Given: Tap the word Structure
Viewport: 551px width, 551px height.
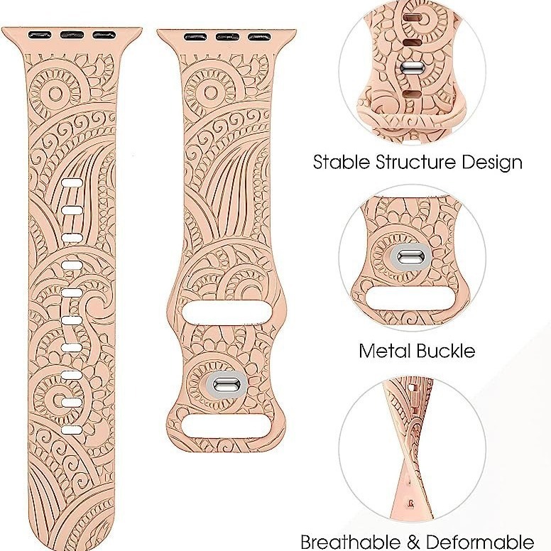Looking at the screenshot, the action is coord(417,162).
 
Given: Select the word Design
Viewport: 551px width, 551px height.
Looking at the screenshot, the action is coord(491,162).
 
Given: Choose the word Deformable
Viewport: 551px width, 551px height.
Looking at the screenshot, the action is coord(481,541).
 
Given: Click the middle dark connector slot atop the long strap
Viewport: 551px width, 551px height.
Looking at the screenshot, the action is coord(70,33).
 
